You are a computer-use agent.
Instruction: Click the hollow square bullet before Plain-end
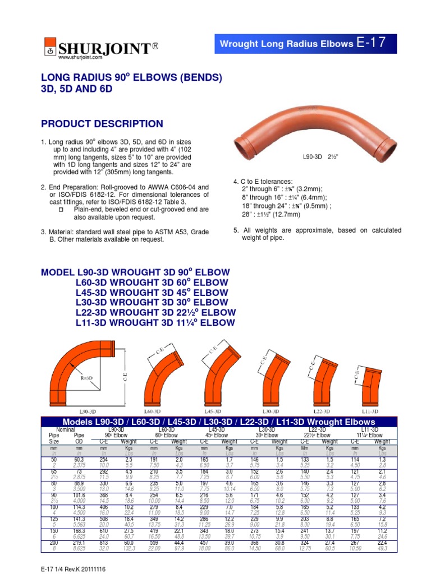[x=62, y=209]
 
